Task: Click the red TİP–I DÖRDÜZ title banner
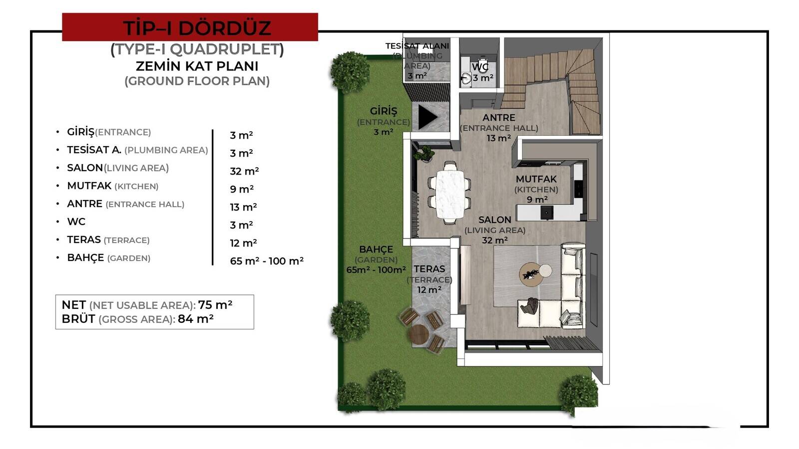coord(190,27)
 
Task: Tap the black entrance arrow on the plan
coord(426,117)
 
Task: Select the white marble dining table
coord(450,194)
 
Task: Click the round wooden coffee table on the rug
coord(531,275)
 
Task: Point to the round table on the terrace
coord(419,334)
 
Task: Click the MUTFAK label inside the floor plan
coord(536,179)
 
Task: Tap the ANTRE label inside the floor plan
coord(499,118)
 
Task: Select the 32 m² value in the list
coord(244,171)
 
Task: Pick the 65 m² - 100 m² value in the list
coord(267,261)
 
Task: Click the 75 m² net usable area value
coord(215,305)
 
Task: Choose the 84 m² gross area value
coord(195,319)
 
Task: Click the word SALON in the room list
coord(85,168)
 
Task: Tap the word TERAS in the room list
coord(84,239)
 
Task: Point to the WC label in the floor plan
coord(480,67)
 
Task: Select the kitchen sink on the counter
coord(546,213)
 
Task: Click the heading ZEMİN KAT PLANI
coord(197,66)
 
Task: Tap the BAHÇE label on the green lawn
coord(376,249)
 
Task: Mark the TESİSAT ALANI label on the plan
coord(417,46)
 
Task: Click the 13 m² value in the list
coord(243,207)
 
